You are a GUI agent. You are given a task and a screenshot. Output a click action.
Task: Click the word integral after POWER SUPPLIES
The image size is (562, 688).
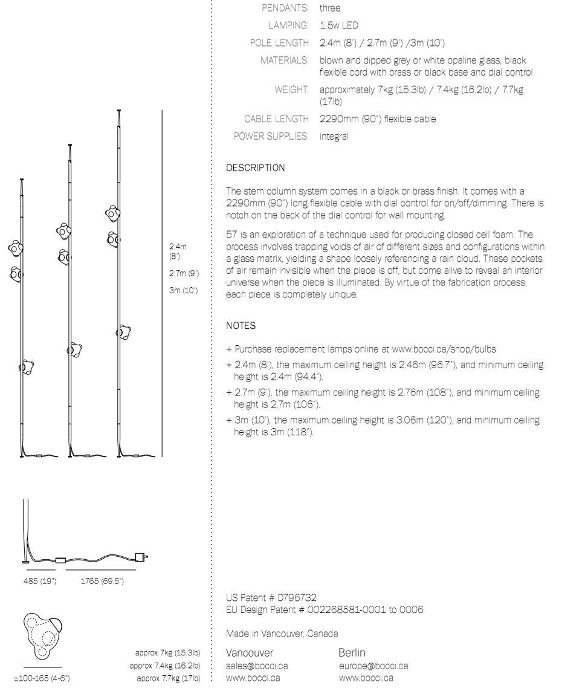334,136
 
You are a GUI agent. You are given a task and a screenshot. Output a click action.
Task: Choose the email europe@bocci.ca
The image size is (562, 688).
373,666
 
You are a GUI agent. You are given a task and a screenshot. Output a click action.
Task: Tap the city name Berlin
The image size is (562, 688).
354,654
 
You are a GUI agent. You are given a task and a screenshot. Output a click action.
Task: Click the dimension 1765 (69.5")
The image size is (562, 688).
103,582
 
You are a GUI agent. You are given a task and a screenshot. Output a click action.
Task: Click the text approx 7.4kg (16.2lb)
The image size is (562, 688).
165,666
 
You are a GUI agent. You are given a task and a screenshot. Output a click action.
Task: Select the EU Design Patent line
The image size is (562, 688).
325,609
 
